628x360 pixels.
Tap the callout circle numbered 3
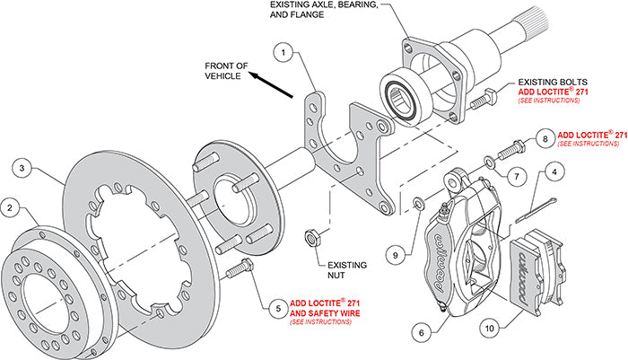tap(25, 167)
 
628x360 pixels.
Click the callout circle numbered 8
tap(544, 138)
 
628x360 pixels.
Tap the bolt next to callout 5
tap(240, 266)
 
